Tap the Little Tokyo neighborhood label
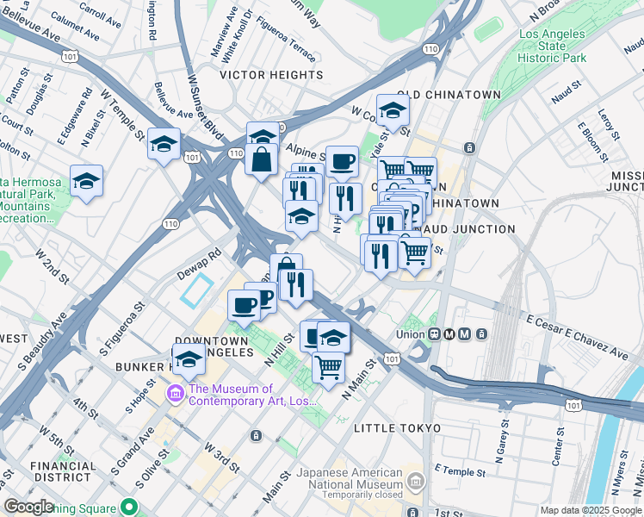(x=397, y=428)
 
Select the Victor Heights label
(x=271, y=76)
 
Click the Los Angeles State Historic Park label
(x=554, y=46)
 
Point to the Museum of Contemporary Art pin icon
(x=176, y=394)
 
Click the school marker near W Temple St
(x=163, y=145)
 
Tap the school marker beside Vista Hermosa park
(x=86, y=181)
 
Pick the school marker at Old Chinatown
(x=392, y=110)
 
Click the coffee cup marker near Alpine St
(x=342, y=161)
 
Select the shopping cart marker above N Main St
(x=328, y=367)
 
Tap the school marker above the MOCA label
(x=189, y=359)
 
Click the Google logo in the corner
(x=28, y=507)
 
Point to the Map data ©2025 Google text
(x=591, y=510)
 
